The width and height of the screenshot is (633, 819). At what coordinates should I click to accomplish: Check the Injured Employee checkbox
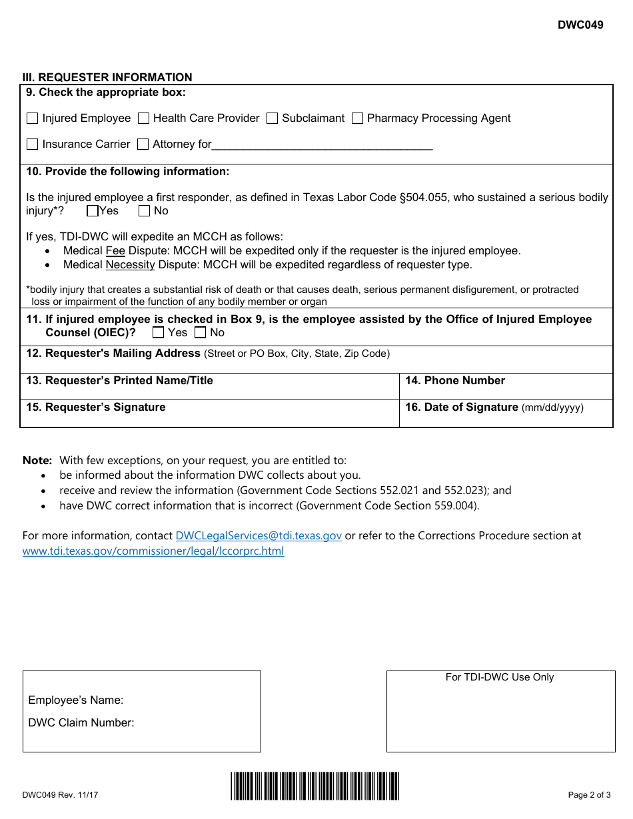(33, 119)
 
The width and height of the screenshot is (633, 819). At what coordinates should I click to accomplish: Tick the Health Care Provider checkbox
(143, 119)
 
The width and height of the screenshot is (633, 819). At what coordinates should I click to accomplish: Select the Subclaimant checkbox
(272, 119)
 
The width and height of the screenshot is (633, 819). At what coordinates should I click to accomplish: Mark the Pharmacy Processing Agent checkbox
(357, 119)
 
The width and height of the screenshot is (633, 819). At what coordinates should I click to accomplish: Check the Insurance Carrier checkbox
(33, 144)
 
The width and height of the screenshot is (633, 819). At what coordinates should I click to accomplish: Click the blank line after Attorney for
(322, 145)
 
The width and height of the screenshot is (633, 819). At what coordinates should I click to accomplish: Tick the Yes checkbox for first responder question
(93, 211)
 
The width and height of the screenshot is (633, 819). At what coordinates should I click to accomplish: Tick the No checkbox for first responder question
(144, 211)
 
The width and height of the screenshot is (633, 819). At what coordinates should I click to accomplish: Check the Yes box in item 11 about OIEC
(158, 332)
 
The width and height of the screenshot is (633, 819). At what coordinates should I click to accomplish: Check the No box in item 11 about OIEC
(200, 332)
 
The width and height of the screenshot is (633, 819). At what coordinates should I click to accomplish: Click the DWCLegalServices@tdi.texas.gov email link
(259, 535)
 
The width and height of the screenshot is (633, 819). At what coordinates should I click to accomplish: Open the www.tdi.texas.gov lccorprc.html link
(153, 551)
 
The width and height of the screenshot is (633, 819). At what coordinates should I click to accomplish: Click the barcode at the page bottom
(315, 786)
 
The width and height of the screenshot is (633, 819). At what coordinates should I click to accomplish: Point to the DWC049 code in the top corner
(580, 25)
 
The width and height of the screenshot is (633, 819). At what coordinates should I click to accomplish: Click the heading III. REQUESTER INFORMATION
(107, 77)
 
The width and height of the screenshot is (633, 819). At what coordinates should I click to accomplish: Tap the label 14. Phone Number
(455, 381)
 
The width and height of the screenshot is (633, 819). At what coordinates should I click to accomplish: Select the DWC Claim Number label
(81, 723)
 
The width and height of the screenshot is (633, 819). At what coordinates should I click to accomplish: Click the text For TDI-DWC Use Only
(500, 677)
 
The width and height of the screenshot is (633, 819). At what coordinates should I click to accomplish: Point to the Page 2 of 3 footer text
(588, 794)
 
